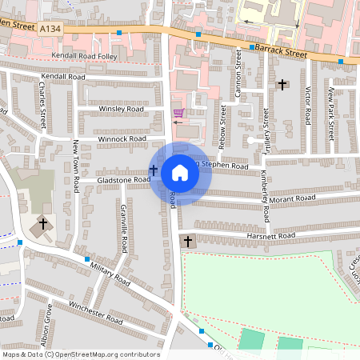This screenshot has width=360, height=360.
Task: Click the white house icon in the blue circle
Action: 180,172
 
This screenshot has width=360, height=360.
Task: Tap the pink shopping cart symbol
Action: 178,113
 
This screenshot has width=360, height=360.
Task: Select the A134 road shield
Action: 50,29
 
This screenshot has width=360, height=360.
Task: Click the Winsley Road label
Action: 121,109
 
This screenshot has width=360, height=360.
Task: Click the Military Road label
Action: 110,274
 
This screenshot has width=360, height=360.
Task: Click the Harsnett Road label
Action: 271,235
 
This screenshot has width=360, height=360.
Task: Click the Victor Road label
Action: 307,101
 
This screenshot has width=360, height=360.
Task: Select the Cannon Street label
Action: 238,75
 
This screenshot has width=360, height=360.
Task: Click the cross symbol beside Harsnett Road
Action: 188,241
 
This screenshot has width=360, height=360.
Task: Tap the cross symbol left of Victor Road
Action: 282,84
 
